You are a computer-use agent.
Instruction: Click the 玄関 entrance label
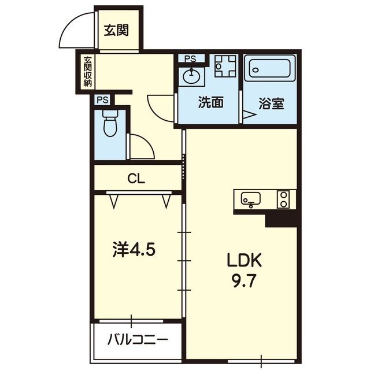click(x=116, y=31)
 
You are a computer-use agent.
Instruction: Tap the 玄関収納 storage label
click(x=87, y=71)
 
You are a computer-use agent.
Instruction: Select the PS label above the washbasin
click(x=190, y=59)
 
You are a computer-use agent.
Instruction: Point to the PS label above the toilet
click(x=103, y=100)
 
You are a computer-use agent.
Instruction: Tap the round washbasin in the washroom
click(x=191, y=75)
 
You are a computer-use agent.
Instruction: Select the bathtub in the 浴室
click(x=270, y=68)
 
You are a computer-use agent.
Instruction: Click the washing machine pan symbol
click(x=225, y=66)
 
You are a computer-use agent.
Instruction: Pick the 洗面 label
click(x=210, y=102)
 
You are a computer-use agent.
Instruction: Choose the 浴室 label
click(x=271, y=103)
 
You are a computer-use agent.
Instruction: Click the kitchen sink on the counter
click(x=250, y=199)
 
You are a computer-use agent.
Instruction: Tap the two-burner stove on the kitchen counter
click(x=283, y=199)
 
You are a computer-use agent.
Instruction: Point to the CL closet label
click(x=136, y=179)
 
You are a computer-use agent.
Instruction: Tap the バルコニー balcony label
click(x=138, y=340)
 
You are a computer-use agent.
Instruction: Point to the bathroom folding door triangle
click(x=249, y=114)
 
